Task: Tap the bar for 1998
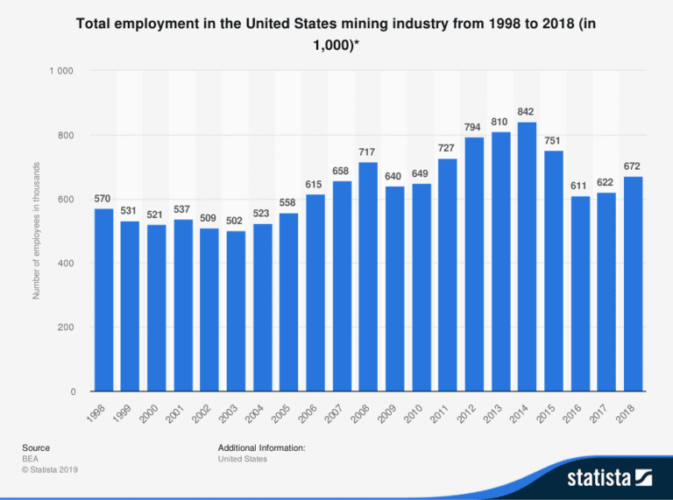[103, 299]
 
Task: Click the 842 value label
[526, 112]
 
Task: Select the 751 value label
[553, 141]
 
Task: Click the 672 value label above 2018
[632, 166]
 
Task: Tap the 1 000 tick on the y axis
[61, 71]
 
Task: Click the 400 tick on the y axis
[65, 264]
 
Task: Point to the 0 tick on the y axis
[72, 391]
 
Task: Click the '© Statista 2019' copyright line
[50, 470]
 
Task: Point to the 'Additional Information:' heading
[261, 447]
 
